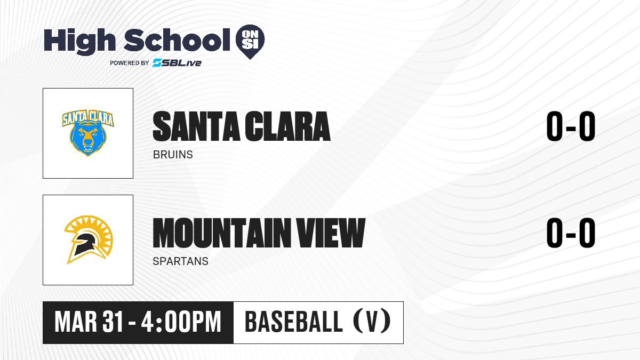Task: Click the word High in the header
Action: coord(79,41)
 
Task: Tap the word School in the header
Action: coord(177,40)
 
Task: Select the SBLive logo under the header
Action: coord(177,63)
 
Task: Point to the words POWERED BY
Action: coord(130,63)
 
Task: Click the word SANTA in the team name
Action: coord(196,126)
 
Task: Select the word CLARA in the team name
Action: coord(287,126)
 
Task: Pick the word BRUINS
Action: coord(173,155)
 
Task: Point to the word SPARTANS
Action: coord(181,261)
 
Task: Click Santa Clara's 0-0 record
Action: coord(571,126)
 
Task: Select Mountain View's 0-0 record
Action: coord(571,233)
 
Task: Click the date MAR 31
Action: coord(89,322)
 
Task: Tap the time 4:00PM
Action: coord(181,322)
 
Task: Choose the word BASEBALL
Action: coord(294,322)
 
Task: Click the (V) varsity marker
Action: coord(372,321)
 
